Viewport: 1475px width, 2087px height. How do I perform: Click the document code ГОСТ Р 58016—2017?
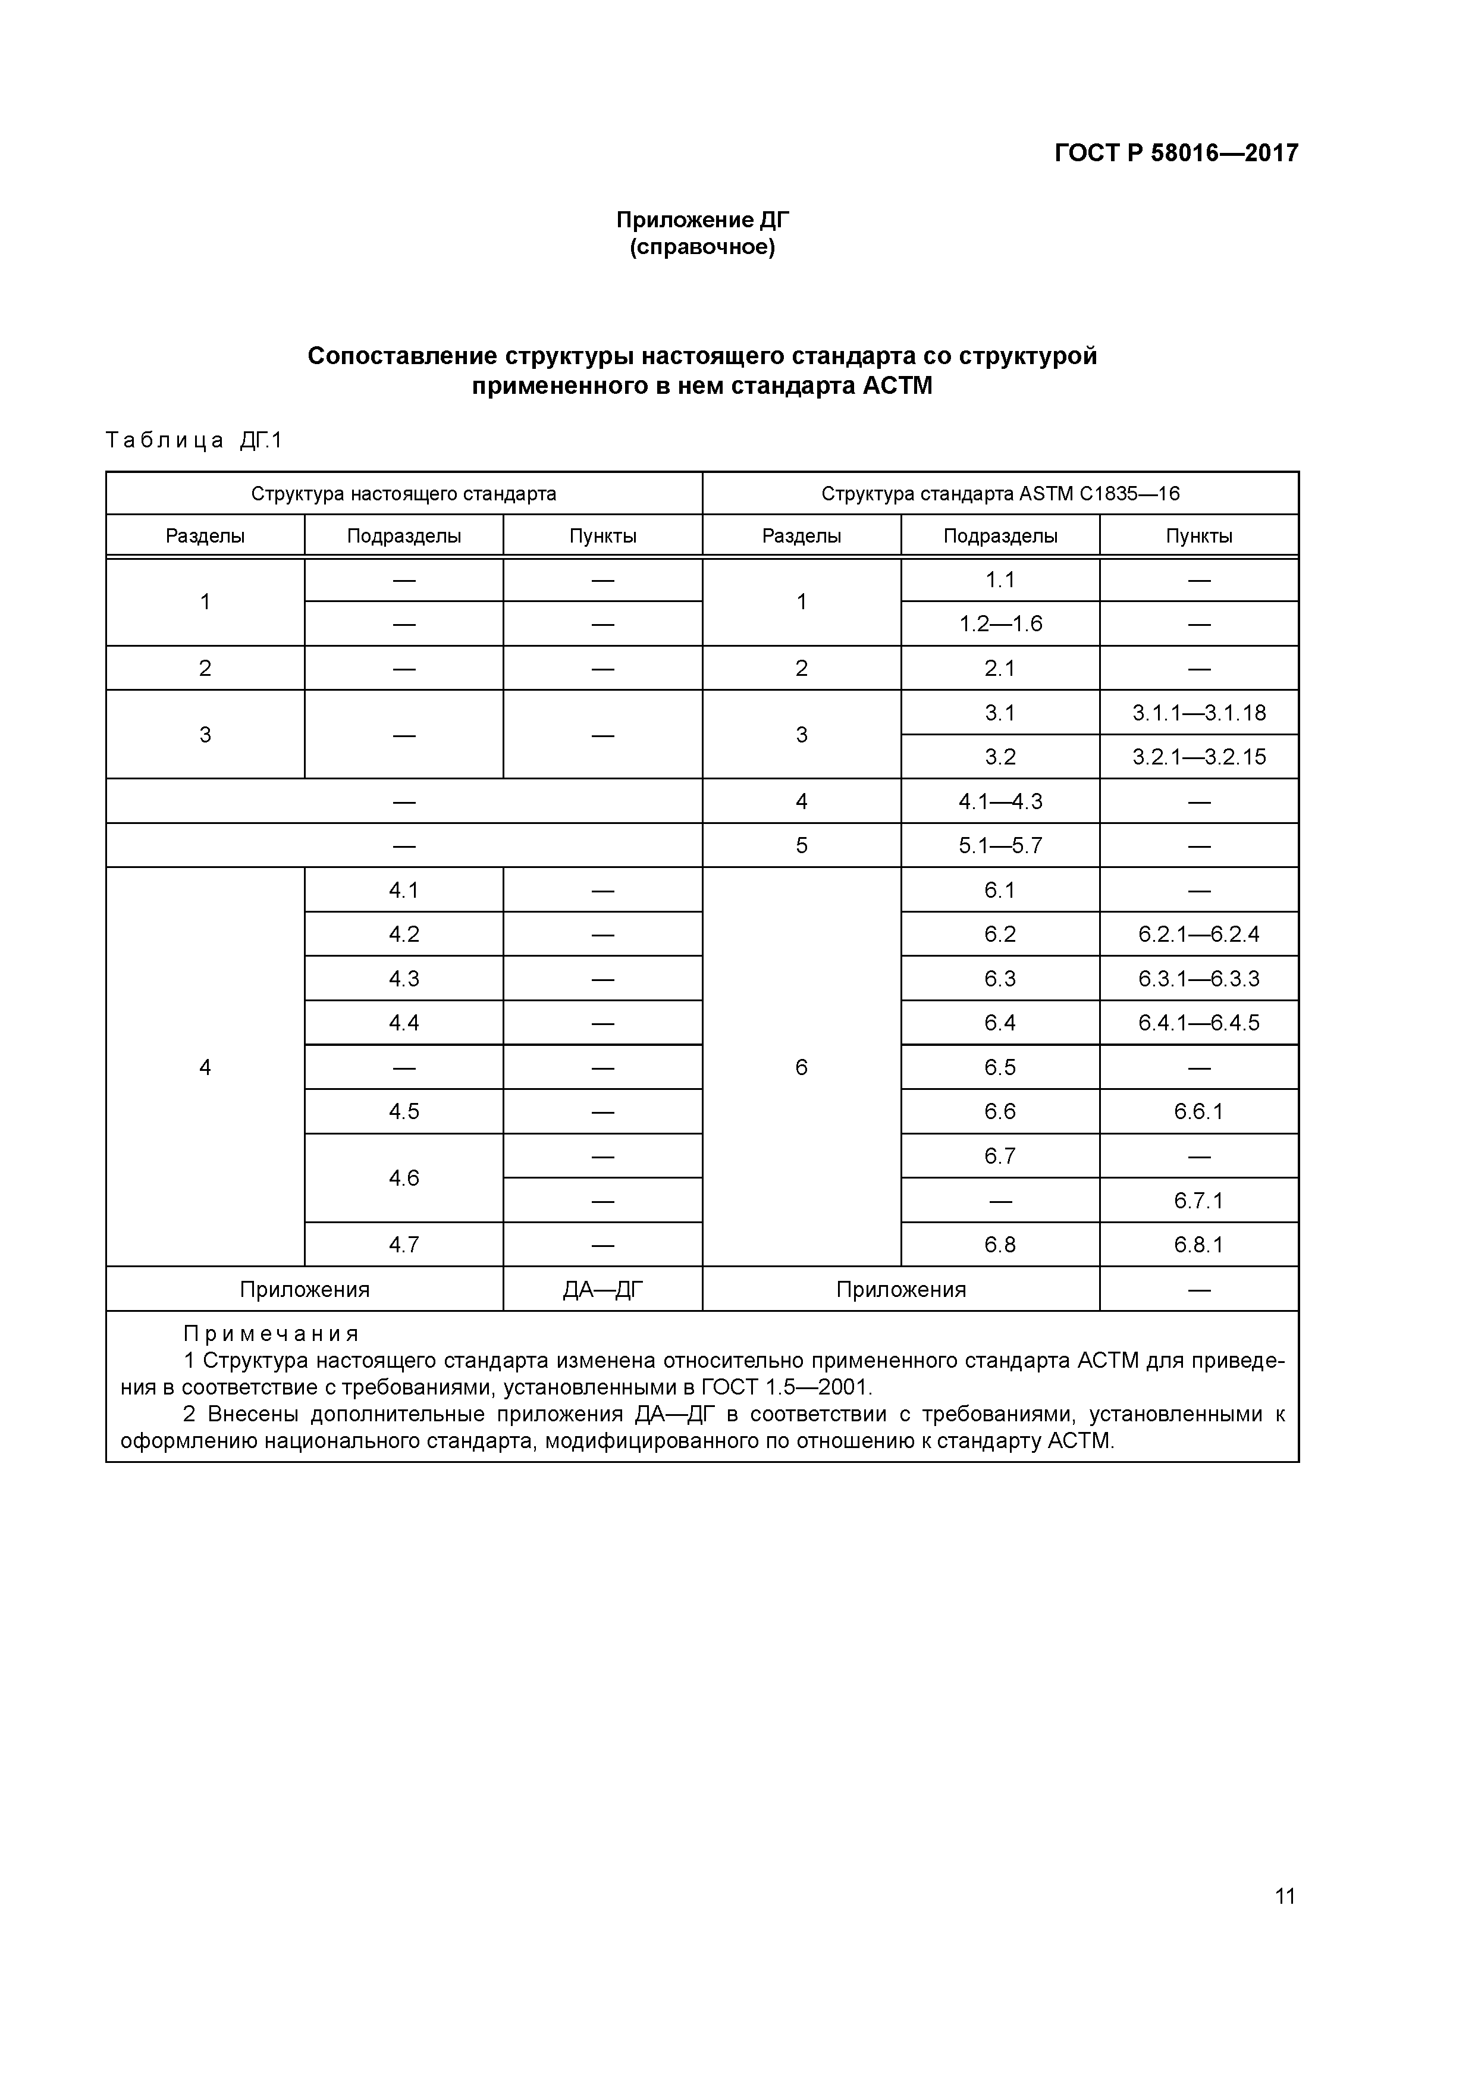(1175, 153)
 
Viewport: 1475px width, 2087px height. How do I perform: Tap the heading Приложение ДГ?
(702, 220)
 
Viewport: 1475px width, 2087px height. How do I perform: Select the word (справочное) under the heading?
(702, 247)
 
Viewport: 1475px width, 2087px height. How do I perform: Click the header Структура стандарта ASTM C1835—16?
(1000, 494)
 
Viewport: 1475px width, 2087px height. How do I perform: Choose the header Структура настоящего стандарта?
(403, 494)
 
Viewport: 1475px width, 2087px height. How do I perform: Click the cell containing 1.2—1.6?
(1000, 623)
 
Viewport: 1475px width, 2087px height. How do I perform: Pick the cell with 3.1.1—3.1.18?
(1198, 713)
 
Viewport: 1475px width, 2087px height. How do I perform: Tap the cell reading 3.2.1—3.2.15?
(1198, 757)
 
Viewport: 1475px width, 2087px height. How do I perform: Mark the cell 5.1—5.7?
(1000, 845)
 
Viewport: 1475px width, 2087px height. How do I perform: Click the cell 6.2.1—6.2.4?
(1198, 935)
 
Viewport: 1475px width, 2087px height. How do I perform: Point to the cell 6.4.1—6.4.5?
(1198, 1023)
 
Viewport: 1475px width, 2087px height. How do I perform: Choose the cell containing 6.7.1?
(1198, 1201)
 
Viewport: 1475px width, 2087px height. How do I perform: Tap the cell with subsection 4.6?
(403, 1178)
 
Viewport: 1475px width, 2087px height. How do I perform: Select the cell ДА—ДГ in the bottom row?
(602, 1289)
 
